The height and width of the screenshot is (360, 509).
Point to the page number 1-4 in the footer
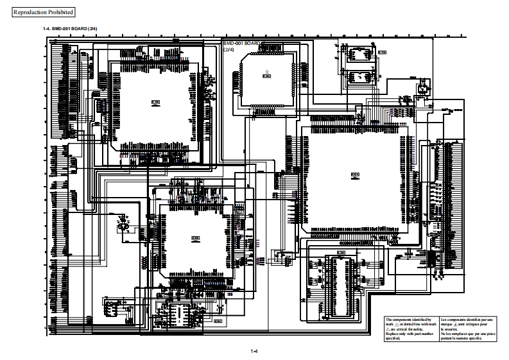254,350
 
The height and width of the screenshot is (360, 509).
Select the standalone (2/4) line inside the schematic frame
229,49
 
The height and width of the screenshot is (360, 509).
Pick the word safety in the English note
421,329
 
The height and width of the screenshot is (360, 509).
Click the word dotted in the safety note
407,324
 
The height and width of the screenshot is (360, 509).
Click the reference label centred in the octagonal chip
266,76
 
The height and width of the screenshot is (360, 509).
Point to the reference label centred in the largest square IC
355,173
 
